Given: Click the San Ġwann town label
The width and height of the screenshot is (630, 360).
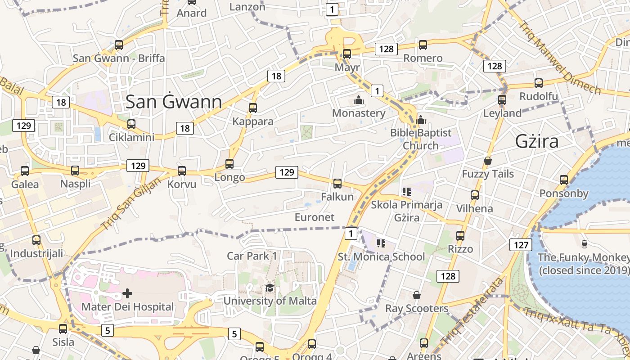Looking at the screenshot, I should coord(174,102).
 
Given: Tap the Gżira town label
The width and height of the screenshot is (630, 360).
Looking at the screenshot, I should coord(537,141).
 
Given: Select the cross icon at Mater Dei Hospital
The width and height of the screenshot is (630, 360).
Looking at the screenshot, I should coord(127,293).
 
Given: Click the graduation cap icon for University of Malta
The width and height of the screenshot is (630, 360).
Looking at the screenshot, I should coord(270,288).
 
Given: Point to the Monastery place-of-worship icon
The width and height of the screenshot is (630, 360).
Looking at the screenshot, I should coord(359,100).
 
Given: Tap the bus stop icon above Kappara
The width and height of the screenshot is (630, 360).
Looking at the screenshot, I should coord(253,108).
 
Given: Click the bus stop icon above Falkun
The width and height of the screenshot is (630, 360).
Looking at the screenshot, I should coord(337,184).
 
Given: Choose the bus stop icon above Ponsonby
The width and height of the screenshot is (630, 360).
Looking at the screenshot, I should coord(564,180).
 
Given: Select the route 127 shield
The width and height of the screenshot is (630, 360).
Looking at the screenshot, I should coord(521,245).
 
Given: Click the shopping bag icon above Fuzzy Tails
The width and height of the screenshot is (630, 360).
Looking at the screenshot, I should coord(487,161).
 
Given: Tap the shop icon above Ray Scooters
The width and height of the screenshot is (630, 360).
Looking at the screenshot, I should coord(417,295).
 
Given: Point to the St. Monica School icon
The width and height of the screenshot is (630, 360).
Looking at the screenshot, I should coord(381,243).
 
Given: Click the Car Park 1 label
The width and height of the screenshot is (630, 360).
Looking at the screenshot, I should coord(252,256).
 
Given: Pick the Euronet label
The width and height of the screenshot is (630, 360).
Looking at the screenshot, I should coord(315,217).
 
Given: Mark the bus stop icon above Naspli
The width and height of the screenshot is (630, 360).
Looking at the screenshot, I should coord(75,171).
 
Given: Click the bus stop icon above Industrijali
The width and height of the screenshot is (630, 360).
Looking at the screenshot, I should coord(36,240).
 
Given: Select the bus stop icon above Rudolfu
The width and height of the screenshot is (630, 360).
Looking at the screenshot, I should coord(539,83).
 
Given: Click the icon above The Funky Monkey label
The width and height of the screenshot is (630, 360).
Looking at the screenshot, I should coord(584,244).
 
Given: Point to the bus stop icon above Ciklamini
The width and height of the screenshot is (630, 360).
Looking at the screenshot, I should coord(131,124).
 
